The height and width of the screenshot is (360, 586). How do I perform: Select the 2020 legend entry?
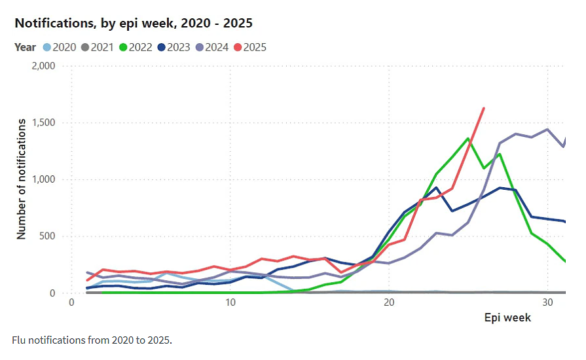(60, 47)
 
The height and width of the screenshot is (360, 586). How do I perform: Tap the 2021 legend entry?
(98, 47)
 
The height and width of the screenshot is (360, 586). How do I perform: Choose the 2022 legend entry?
(136, 47)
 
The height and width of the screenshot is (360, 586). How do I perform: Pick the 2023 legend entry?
(174, 47)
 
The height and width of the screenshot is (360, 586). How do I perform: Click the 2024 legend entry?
(212, 47)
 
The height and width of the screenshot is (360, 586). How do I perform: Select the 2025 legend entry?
(250, 47)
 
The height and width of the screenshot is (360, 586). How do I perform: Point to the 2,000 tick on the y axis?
(43, 66)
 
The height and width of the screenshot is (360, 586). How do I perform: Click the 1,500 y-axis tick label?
(43, 123)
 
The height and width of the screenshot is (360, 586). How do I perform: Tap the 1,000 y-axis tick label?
(43, 179)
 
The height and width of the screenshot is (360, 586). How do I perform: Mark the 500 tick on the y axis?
(47, 236)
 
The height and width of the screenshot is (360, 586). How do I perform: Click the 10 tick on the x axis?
(230, 302)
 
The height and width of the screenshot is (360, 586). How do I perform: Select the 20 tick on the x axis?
(389, 302)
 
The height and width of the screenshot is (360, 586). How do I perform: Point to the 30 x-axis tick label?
(547, 302)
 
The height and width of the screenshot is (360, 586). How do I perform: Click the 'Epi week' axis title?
(507, 318)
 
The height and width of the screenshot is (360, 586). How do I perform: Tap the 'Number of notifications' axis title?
(22, 179)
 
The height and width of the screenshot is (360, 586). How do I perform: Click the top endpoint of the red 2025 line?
(484, 108)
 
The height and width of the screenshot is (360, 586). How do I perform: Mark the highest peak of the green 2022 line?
(468, 139)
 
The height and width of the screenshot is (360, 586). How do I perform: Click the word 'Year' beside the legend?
(25, 47)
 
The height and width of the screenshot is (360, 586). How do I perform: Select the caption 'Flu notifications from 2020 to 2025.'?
(92, 340)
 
